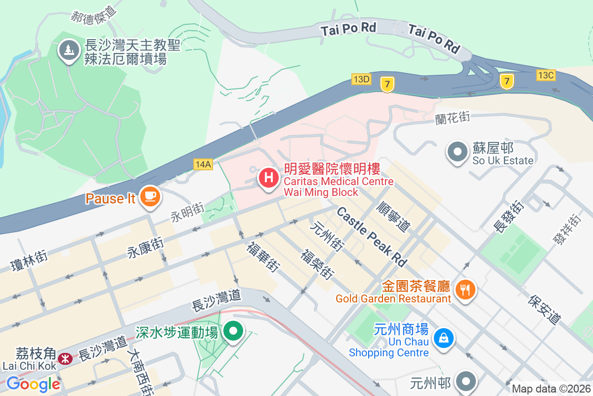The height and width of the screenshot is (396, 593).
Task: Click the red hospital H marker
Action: [x=269, y=177]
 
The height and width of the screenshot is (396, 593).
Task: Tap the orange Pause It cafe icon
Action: [x=150, y=197]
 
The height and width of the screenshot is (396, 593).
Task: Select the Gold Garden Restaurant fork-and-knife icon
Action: [x=465, y=288]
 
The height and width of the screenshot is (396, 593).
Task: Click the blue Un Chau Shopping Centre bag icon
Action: [x=444, y=339]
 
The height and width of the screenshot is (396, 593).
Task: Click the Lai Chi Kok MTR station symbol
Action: [x=64, y=358]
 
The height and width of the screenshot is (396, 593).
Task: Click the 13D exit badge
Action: [x=361, y=79]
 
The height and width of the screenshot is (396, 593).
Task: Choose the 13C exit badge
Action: [x=547, y=75]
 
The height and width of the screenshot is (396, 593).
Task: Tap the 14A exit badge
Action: [x=203, y=164]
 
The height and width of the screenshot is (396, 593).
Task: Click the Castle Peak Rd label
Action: [x=372, y=237]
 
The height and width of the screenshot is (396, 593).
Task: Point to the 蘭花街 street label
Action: [x=452, y=118]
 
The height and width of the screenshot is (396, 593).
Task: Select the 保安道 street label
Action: [x=545, y=309]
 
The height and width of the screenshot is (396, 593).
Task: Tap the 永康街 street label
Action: [x=146, y=246]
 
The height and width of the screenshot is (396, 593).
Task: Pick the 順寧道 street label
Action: [x=393, y=216]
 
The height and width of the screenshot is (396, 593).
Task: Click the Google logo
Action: [x=33, y=384]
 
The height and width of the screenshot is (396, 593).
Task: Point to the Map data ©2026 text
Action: [x=551, y=389]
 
